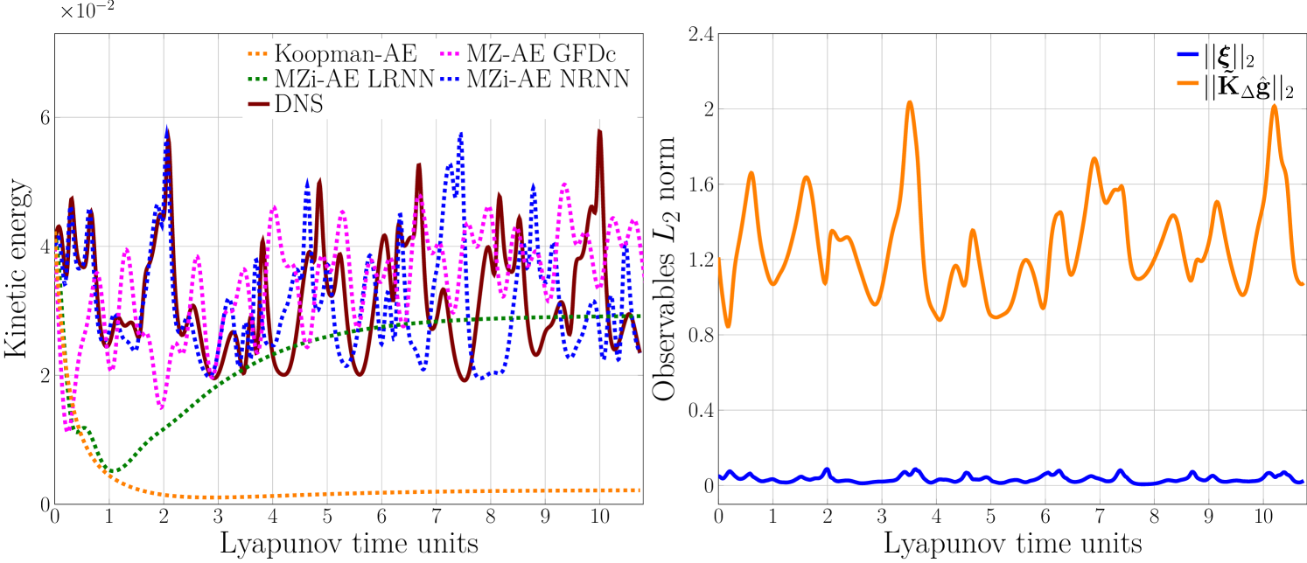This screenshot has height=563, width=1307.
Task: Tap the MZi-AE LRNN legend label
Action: click(354, 79)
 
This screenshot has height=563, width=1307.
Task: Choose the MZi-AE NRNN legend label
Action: click(548, 79)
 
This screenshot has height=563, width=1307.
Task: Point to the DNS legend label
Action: click(298, 104)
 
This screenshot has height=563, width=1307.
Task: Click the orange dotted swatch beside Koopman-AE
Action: click(259, 53)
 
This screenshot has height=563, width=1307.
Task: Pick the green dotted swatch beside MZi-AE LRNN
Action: click(259, 79)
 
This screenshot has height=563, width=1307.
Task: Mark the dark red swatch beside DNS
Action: click(259, 104)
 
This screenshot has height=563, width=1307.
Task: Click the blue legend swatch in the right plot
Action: click(1188, 54)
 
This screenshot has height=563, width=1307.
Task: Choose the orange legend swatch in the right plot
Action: click(1188, 82)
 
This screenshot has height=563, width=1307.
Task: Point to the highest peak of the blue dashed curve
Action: click(166, 128)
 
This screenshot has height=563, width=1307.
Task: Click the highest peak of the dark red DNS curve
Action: click(599, 132)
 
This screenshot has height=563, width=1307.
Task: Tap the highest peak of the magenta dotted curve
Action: click(564, 184)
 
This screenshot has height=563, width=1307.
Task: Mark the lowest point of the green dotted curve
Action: click(112, 472)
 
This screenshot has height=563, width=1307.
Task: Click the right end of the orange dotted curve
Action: click(640, 490)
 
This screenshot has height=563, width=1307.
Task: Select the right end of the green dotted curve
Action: click(640, 316)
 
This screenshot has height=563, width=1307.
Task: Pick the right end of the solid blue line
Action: click(1303, 482)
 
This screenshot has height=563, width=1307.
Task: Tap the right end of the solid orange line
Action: click(1303, 283)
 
